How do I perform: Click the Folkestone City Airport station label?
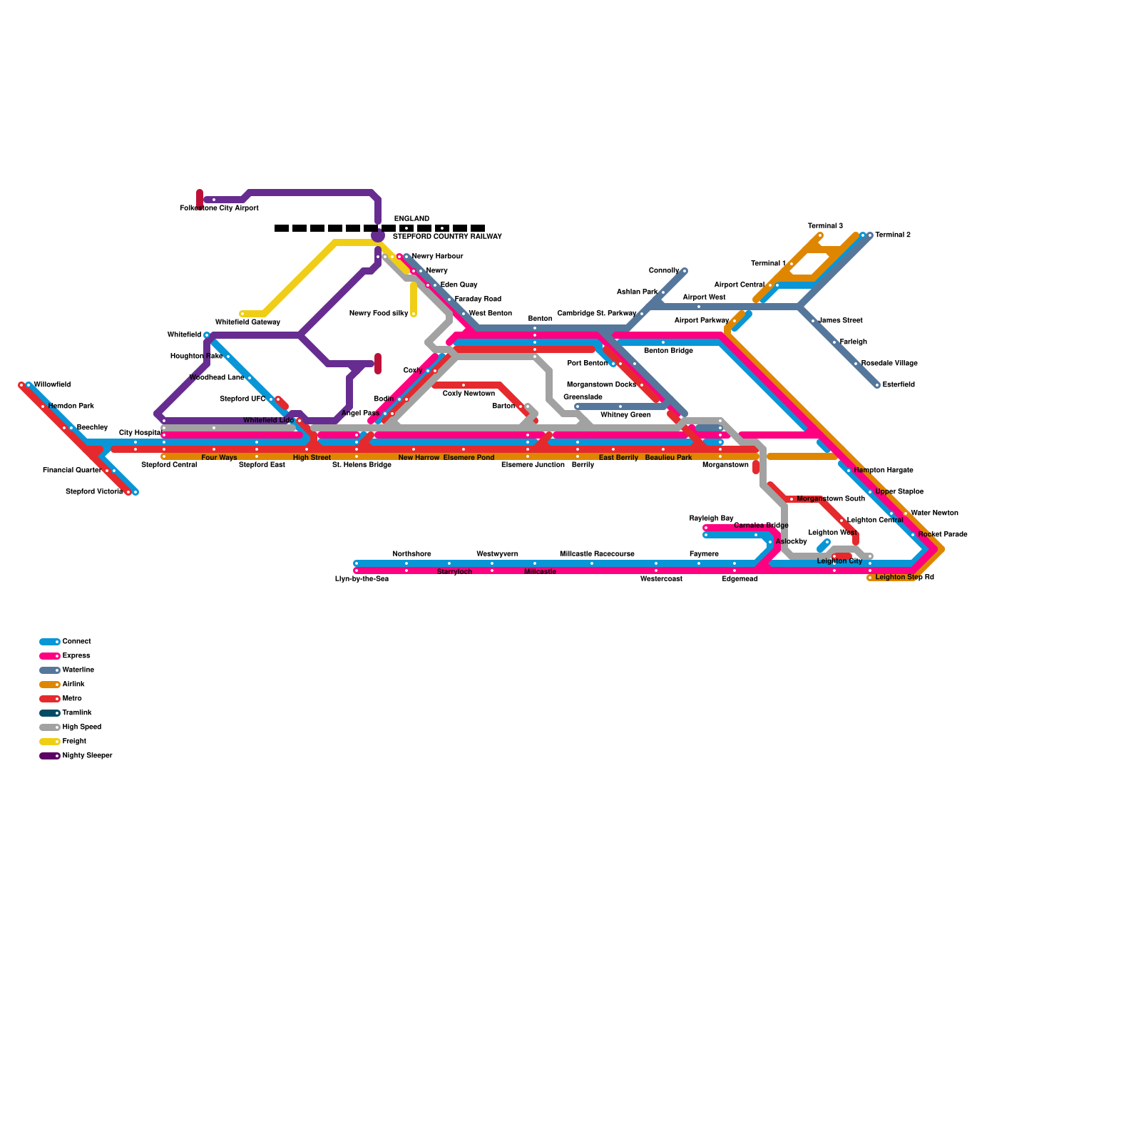(x=219, y=208)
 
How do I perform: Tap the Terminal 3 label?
(x=825, y=226)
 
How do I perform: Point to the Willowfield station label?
(x=52, y=385)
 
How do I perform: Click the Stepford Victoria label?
(x=94, y=492)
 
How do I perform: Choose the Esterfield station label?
(x=899, y=385)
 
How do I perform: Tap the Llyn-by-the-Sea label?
(x=362, y=579)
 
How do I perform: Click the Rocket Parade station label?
(x=943, y=535)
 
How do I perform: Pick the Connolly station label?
(x=663, y=271)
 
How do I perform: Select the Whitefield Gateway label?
(x=247, y=322)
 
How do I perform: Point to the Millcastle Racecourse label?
(x=597, y=554)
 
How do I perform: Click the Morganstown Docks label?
(x=601, y=385)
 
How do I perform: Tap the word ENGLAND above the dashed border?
(x=411, y=219)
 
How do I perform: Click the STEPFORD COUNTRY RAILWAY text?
(x=447, y=237)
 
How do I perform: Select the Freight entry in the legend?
(x=74, y=742)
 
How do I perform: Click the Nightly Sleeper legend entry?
(x=87, y=756)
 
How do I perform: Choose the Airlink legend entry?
(x=73, y=685)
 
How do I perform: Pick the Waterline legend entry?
(x=78, y=670)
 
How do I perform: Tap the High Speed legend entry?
(x=81, y=727)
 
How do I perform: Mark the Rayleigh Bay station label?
(x=711, y=518)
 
